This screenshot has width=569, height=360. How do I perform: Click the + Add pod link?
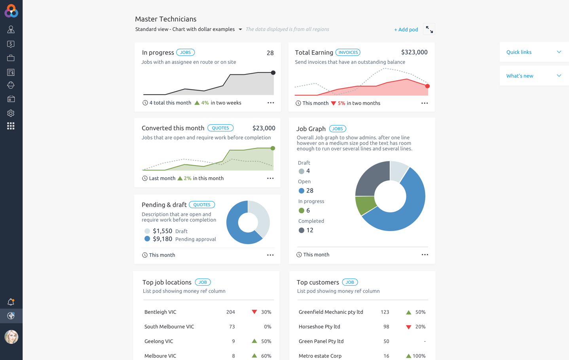[406, 30]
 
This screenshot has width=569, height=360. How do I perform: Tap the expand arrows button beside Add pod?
[429, 29]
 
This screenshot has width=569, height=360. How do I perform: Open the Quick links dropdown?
[534, 52]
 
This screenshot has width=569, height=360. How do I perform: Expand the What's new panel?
[534, 76]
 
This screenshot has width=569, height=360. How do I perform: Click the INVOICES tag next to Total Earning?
[348, 52]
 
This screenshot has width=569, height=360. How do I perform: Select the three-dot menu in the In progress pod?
[271, 103]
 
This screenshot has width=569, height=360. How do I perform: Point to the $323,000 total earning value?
[414, 52]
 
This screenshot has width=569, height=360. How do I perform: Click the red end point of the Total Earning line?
[427, 86]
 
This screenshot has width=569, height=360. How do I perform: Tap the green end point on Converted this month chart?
[273, 148]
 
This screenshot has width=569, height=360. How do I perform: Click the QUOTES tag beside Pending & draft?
[202, 205]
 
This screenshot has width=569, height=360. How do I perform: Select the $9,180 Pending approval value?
[162, 239]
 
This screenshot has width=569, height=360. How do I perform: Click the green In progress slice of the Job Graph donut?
[365, 205]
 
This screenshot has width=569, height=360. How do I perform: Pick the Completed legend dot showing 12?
[302, 230]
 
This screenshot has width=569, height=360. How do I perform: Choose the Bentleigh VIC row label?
[160, 312]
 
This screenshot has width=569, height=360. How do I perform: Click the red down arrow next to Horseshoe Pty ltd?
[408, 327]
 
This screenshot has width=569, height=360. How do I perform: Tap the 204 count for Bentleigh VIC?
[230, 312]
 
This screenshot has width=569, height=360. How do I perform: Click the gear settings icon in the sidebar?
[11, 113]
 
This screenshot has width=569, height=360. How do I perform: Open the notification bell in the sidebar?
[11, 302]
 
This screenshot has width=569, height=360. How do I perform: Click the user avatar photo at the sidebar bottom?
[11, 337]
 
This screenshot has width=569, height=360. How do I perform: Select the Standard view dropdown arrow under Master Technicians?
[240, 29]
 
